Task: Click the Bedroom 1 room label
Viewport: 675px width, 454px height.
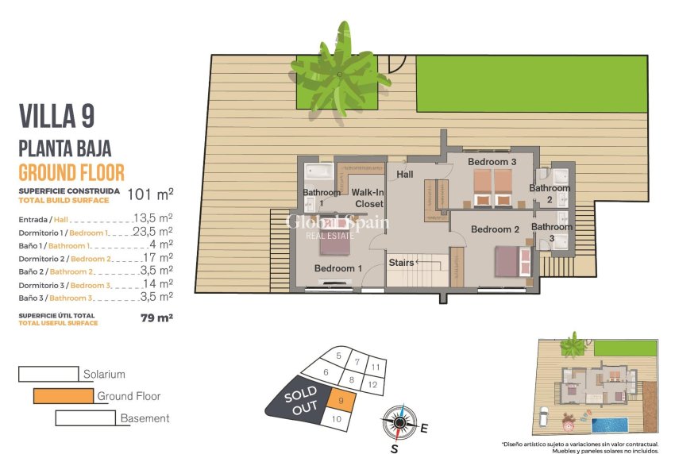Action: click(x=338, y=268)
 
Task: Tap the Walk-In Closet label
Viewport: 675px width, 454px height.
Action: click(x=368, y=198)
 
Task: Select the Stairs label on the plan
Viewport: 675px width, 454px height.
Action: click(x=401, y=262)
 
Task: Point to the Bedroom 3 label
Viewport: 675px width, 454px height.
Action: click(x=492, y=162)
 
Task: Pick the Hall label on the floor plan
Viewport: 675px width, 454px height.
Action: click(x=404, y=175)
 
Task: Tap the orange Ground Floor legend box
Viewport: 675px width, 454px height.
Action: click(x=64, y=396)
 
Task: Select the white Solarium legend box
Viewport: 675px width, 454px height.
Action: click(x=49, y=374)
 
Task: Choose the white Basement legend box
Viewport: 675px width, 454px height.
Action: click(x=86, y=417)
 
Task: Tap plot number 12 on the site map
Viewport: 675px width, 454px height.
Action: click(x=372, y=384)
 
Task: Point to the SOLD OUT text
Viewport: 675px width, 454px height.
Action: click(x=301, y=399)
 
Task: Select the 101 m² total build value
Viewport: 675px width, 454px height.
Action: click(x=150, y=193)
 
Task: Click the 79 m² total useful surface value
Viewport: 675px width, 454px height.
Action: click(x=156, y=318)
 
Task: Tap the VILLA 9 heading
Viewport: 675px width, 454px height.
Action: click(x=56, y=117)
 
